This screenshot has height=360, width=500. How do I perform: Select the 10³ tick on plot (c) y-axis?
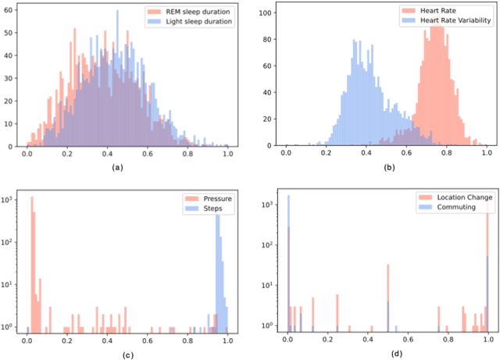[x=10, y=201]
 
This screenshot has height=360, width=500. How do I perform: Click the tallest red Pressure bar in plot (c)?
[x=32, y=266]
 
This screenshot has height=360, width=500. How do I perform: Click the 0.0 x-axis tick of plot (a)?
[x=27, y=155]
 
